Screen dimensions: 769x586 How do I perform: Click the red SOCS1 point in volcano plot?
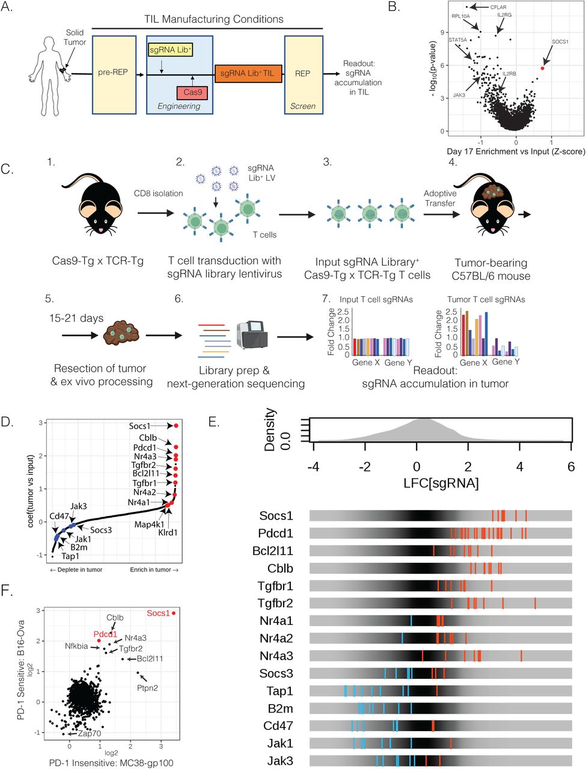tap(542, 68)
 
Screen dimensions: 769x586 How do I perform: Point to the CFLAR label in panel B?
tap(498, 7)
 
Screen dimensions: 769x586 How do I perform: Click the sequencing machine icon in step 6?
tap(252, 336)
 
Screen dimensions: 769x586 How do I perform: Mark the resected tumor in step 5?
tap(123, 332)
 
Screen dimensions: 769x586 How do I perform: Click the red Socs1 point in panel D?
tap(176, 425)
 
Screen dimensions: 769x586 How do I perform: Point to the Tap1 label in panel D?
tap(70, 556)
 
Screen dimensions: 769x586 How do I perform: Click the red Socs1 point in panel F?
tap(174, 613)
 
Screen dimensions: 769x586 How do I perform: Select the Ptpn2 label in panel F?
tap(147, 687)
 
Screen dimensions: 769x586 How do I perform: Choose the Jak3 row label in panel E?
tap(280, 761)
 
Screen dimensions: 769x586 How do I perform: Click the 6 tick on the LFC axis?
tap(570, 466)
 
